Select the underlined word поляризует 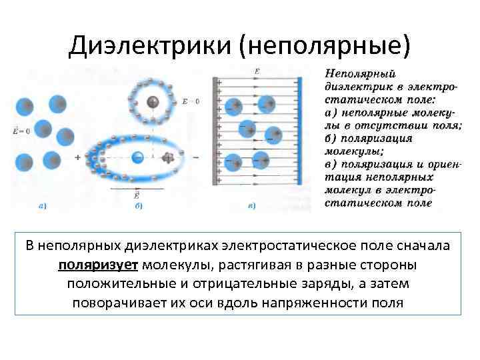tap(98, 265)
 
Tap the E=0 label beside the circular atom tap(191, 101)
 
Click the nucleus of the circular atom tap(154, 101)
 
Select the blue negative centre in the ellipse tap(137, 157)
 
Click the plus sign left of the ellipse tap(78, 157)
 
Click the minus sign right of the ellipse tap(196, 157)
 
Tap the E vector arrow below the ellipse tap(137, 189)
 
